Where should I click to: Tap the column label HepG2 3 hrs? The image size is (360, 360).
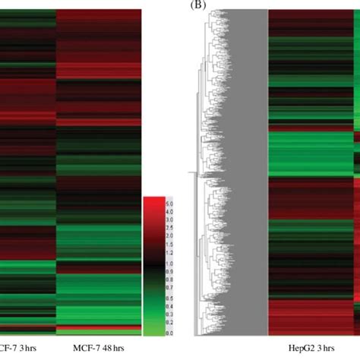tap(308, 349)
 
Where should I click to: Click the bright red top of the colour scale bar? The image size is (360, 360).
tap(154, 201)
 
